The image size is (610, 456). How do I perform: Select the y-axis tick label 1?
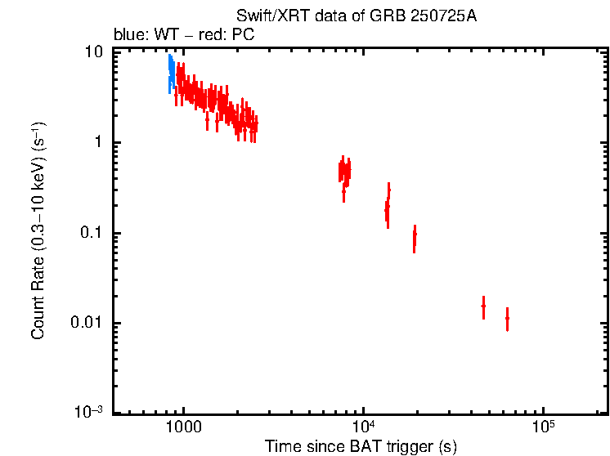tap(99, 143)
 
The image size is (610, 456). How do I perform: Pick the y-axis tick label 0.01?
tap(88, 324)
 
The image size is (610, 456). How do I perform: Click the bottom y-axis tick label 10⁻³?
tap(89, 413)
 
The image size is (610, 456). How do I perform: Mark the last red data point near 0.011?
tap(508, 318)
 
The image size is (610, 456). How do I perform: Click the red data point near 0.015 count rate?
tap(483, 306)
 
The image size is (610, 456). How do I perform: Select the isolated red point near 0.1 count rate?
tap(415, 236)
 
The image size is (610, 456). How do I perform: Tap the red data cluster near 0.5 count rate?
tap(345, 172)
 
